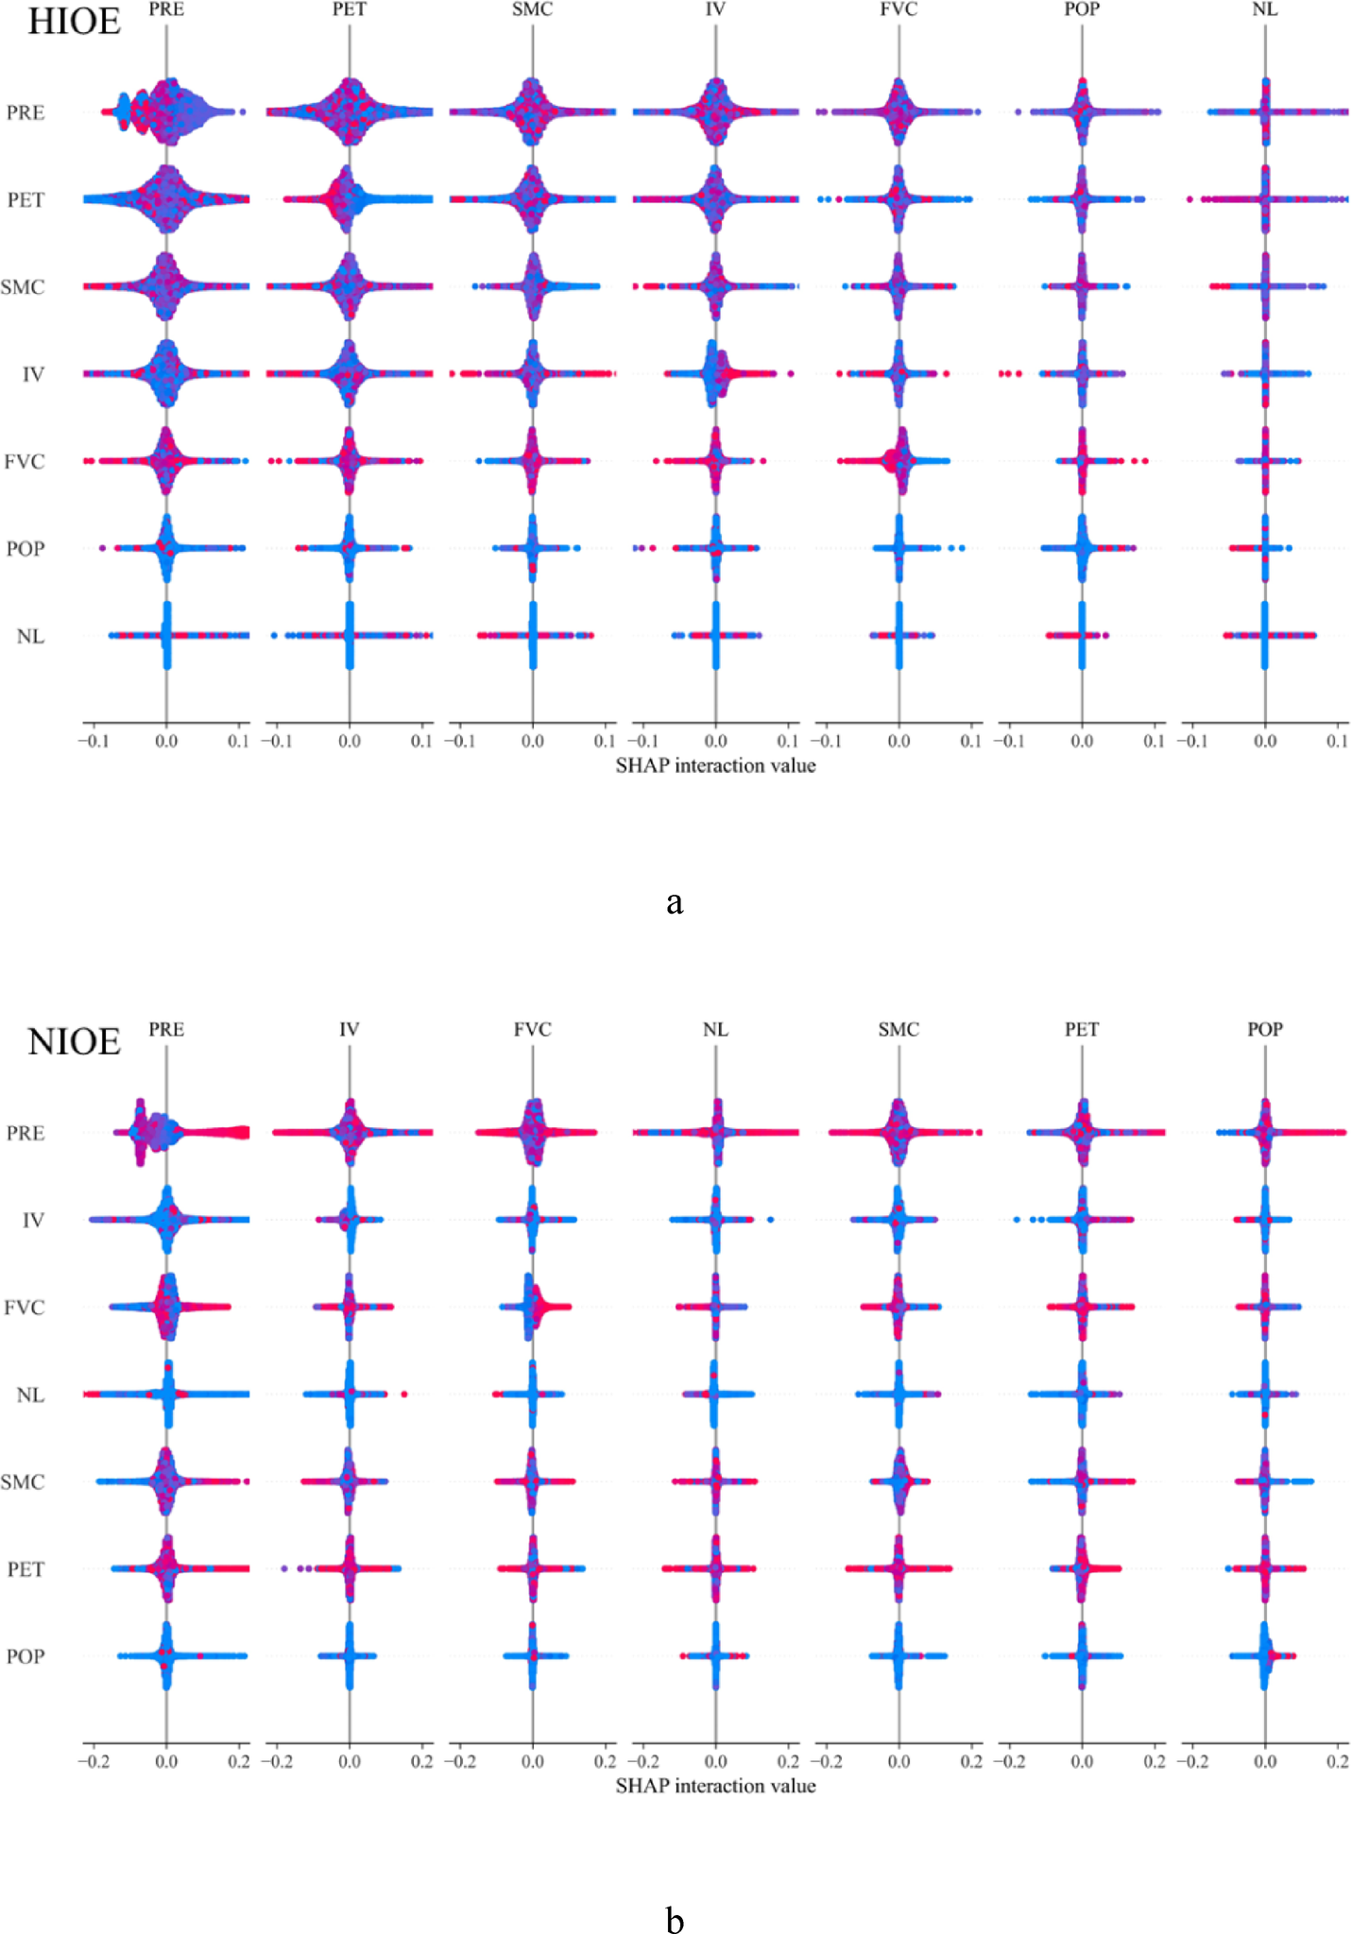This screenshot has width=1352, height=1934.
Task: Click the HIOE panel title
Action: [x=74, y=21]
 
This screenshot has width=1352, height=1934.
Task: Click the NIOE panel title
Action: [x=74, y=1041]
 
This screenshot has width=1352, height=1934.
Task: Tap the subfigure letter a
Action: [x=674, y=902]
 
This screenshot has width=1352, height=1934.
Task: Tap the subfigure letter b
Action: [x=674, y=1920]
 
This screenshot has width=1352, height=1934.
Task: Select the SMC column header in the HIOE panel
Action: [x=532, y=9]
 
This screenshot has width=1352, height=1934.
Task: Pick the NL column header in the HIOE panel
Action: [x=1264, y=9]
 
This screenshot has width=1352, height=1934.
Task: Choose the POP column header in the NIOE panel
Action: [x=1264, y=1029]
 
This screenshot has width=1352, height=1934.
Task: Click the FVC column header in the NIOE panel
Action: [x=532, y=1029]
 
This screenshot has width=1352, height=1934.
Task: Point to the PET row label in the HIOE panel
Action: [x=26, y=200]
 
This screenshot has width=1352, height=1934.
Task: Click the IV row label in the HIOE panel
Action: [x=33, y=374]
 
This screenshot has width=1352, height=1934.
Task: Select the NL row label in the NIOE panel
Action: [x=30, y=1395]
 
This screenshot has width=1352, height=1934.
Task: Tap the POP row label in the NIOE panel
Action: [x=26, y=1656]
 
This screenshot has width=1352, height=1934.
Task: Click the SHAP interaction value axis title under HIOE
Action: [x=715, y=765]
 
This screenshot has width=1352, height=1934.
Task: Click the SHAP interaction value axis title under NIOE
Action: [x=715, y=1786]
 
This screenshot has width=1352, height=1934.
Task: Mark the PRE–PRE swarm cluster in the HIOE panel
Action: [x=166, y=112]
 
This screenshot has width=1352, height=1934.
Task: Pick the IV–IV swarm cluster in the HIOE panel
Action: [x=716, y=374]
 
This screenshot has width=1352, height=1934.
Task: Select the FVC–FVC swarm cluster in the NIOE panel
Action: [x=534, y=1307]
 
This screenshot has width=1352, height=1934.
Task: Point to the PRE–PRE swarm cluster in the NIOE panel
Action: [x=166, y=1132]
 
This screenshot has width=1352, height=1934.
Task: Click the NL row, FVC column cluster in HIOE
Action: [x=898, y=636]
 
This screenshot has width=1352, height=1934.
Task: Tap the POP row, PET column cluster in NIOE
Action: [x=1082, y=1656]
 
